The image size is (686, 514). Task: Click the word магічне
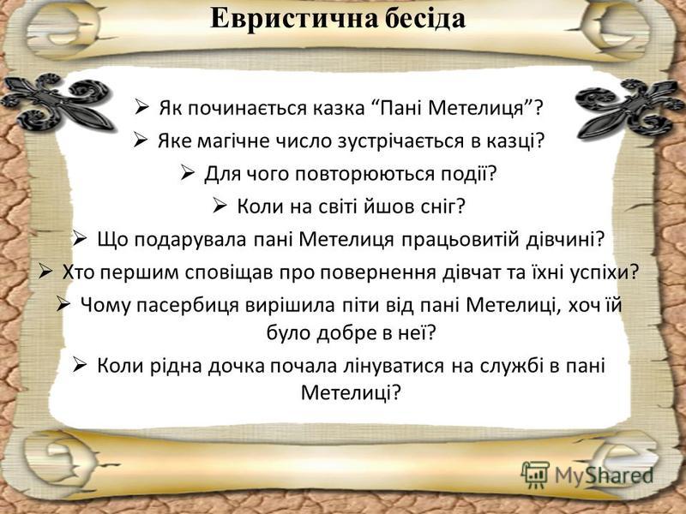tap(227, 141)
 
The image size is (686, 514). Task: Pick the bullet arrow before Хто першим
tap(48, 272)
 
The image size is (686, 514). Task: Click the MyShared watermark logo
tap(588, 474)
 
